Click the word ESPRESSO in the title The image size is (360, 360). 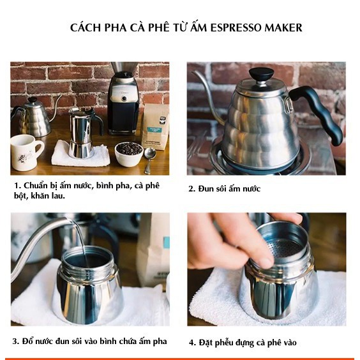236,27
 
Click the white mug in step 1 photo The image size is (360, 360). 26,152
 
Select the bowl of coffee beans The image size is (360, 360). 129,154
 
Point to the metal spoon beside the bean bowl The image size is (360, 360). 149,160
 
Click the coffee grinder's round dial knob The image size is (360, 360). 124,99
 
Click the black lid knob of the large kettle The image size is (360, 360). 261,74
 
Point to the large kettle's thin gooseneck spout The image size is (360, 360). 209,96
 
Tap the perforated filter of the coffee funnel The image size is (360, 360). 287,248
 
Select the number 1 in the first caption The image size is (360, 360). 17,186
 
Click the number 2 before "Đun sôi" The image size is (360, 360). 191,189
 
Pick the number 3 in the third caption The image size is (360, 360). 15,341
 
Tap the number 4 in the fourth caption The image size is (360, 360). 191,343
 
